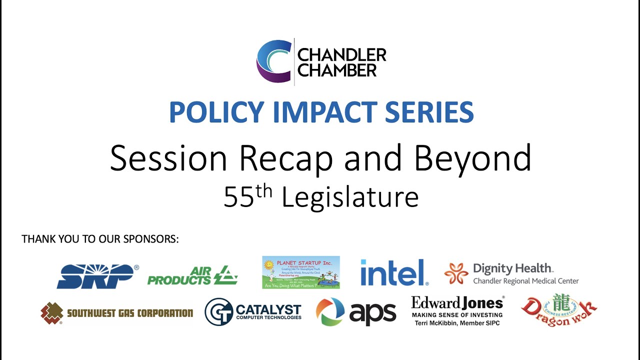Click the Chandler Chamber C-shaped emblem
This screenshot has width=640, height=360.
click(x=273, y=61)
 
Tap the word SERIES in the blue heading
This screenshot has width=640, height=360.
click(x=430, y=112)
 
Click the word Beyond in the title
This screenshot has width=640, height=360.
click(x=472, y=158)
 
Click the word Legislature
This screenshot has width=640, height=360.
click(x=350, y=197)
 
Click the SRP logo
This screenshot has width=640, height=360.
click(x=97, y=276)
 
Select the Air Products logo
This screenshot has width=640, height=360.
click(x=192, y=275)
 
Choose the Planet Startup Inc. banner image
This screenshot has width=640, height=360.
click(x=301, y=272)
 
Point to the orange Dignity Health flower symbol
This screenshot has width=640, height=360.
click(x=456, y=273)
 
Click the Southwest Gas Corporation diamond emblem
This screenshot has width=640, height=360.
click(x=51, y=313)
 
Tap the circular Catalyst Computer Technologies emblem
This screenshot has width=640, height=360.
click(x=218, y=311)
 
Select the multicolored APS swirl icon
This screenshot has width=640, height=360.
click(x=330, y=312)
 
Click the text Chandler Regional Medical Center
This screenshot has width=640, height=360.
click(x=525, y=281)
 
